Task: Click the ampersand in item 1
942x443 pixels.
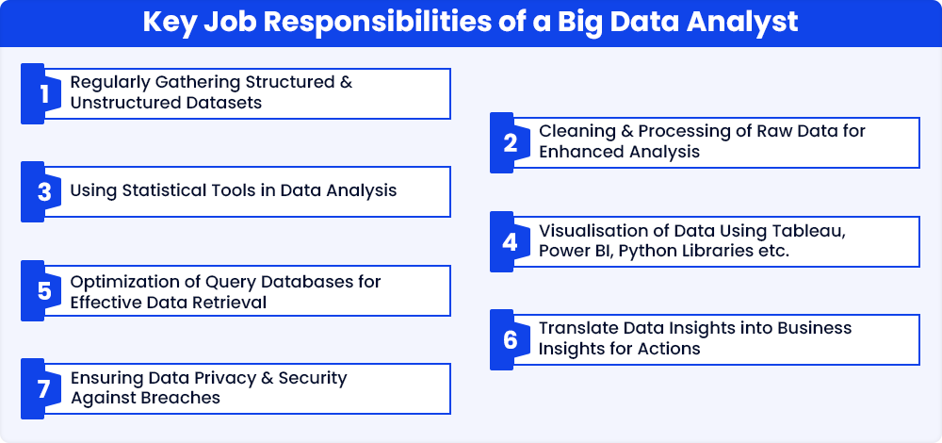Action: [346, 82]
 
